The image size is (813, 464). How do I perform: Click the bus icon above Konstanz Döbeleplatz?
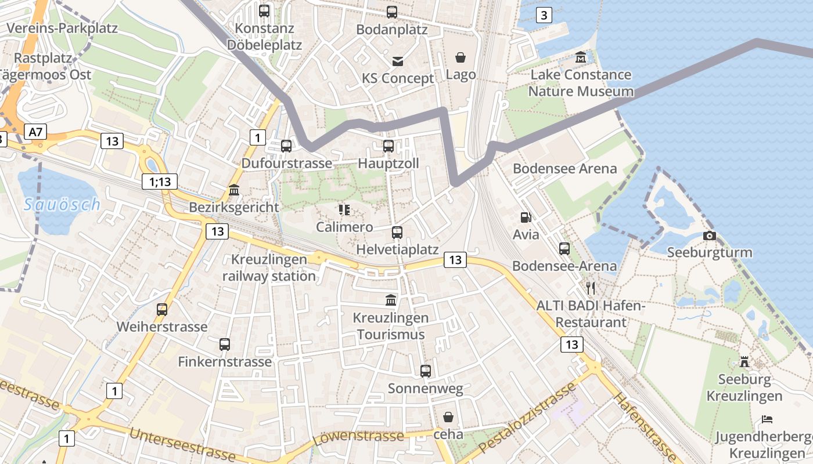[x=264, y=10]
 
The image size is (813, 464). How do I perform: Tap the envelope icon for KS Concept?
[x=398, y=61]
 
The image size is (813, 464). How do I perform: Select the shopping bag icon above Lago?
[x=461, y=57]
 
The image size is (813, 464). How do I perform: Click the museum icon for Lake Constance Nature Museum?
[x=581, y=57]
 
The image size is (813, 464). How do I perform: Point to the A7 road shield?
[x=35, y=132]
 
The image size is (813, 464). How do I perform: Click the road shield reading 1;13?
[x=160, y=182]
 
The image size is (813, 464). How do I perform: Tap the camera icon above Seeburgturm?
[x=709, y=235]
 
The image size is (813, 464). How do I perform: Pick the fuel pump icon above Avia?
[x=526, y=217]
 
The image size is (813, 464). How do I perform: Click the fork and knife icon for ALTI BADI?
[x=591, y=288]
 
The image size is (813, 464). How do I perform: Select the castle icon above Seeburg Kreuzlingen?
[x=744, y=362]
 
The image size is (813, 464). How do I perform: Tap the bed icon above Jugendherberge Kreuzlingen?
[x=767, y=419]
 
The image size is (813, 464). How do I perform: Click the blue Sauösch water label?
[x=63, y=204]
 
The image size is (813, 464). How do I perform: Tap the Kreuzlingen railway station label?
[x=269, y=268]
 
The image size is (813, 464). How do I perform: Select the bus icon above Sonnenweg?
[x=426, y=371]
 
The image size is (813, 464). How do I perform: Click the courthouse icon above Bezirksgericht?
[x=234, y=190]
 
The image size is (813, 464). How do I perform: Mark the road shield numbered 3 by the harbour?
[x=543, y=16]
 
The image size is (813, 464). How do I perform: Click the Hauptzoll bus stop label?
[x=388, y=164]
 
